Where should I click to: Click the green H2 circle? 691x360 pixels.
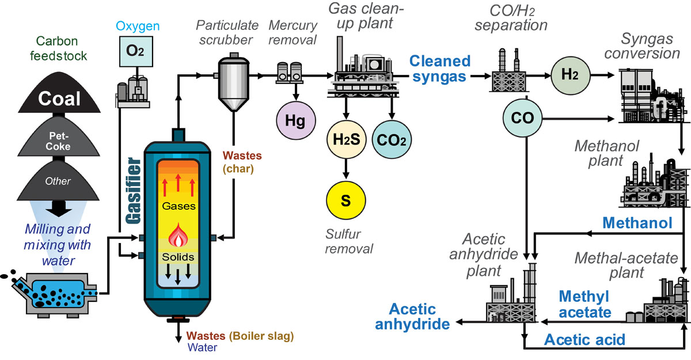coord(568,75)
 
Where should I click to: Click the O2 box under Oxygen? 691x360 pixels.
coord(131,50)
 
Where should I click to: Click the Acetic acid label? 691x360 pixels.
coord(584,339)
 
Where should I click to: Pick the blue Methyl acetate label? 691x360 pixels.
coord(584,304)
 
